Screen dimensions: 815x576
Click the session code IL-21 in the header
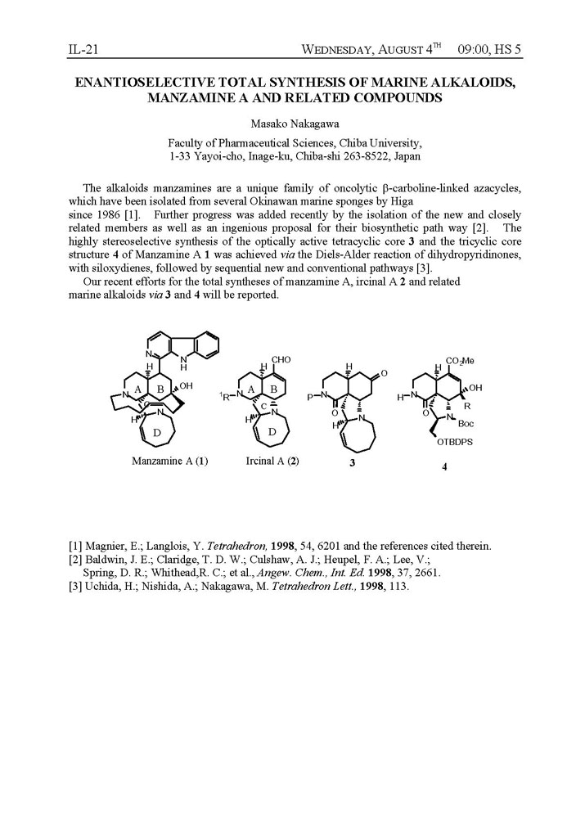(83, 51)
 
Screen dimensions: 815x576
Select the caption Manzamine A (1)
(169, 461)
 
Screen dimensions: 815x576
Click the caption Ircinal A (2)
(272, 461)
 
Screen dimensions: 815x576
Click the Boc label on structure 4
(466, 424)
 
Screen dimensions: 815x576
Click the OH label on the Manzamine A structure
(186, 386)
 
